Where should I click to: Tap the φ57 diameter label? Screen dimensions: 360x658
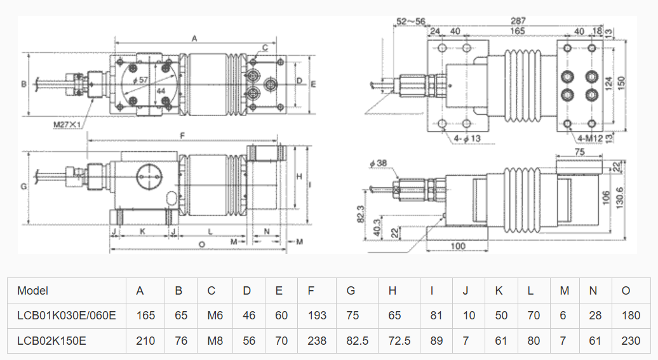pos(141,80)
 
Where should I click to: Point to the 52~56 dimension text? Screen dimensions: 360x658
pos(411,22)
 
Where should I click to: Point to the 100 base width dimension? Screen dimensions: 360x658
pos(457,246)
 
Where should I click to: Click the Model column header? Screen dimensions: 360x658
pos(33,291)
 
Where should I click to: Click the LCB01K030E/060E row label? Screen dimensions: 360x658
pos(67,316)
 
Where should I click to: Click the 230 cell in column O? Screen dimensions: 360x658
pos(631,341)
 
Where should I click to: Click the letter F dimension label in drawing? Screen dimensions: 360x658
pos(182,136)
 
